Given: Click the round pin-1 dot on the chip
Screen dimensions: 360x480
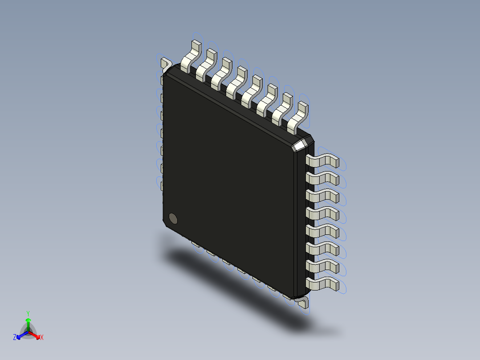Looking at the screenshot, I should [173, 218].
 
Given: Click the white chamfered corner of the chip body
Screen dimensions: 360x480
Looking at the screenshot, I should [300, 145].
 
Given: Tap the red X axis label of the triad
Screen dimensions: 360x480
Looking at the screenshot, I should [41, 338].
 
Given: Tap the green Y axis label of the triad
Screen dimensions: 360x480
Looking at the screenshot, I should [28, 313].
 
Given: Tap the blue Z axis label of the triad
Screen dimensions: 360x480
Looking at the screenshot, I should [15, 338].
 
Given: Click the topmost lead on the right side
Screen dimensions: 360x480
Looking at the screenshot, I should [323, 161].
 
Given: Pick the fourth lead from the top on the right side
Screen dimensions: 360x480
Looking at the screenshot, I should [323, 213].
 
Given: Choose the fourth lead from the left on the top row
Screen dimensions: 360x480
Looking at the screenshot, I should [236, 83].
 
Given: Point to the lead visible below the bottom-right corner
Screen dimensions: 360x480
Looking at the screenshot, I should [303, 303].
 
